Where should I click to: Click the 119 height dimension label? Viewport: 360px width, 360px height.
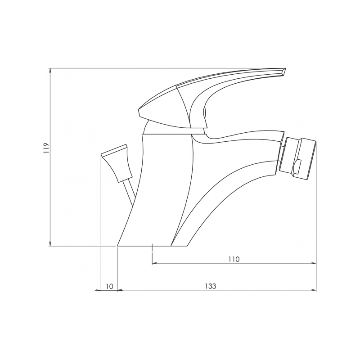click(x=47, y=148)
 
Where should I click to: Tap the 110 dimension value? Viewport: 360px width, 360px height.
click(x=234, y=259)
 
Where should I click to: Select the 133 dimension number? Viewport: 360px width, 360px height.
click(x=211, y=286)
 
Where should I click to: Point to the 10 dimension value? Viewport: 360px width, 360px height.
click(x=110, y=286)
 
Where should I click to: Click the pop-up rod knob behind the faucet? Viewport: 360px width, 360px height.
click(x=117, y=163)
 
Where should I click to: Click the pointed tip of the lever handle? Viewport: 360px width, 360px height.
click(x=285, y=68)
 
